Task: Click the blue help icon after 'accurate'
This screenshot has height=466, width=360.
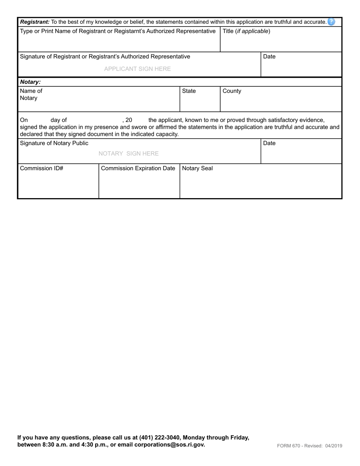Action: (x=332, y=22)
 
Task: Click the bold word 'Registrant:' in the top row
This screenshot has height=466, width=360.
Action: (x=34, y=22)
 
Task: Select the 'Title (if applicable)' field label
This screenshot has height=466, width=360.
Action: (x=246, y=31)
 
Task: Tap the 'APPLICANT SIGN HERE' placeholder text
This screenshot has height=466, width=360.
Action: (x=137, y=69)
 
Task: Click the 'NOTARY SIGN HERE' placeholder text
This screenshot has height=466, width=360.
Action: (x=128, y=153)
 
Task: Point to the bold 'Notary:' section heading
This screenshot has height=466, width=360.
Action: (x=30, y=82)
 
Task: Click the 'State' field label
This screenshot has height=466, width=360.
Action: (x=189, y=91)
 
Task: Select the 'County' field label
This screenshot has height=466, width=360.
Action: (x=232, y=91)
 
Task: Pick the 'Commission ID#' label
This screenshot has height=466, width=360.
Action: (x=41, y=168)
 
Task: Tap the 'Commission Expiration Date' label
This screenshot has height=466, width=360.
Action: (x=138, y=168)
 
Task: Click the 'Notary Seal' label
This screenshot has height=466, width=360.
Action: (x=197, y=168)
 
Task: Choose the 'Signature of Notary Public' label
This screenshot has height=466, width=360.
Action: (x=54, y=143)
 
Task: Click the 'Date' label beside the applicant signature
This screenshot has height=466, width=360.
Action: (x=269, y=56)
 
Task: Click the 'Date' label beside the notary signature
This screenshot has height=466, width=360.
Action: (x=269, y=143)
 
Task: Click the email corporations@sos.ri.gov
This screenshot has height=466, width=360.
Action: (x=169, y=445)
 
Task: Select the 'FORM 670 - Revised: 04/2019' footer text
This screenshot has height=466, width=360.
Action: (x=309, y=446)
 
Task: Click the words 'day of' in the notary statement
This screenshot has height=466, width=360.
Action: (x=58, y=120)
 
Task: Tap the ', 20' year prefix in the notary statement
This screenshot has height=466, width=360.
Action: (x=127, y=120)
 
